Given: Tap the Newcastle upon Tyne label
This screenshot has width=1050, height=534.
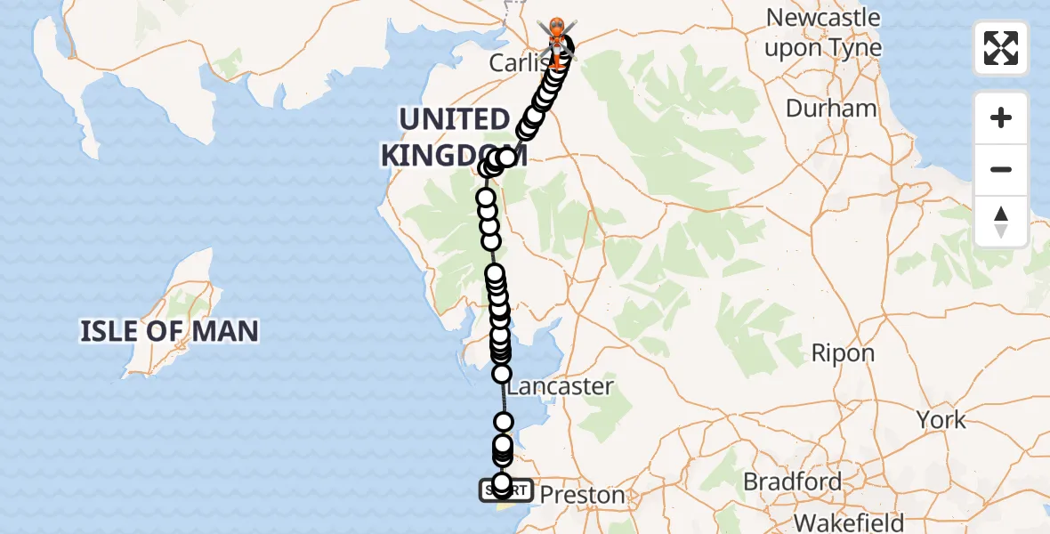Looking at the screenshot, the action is (823, 33).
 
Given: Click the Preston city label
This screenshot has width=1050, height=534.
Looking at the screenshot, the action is (583, 495).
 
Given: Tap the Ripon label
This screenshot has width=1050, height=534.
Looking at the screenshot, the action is (843, 353).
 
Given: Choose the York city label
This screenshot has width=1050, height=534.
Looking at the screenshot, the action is (941, 419).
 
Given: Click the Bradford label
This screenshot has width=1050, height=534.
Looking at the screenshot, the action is (792, 482).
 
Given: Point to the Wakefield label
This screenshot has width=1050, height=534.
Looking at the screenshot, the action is (849, 522).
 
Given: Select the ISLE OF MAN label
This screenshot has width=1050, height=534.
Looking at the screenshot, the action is (169, 332).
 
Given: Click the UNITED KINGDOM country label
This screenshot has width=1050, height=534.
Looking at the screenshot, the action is (453, 136).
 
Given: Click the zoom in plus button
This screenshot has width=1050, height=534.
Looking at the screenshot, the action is (1001, 117).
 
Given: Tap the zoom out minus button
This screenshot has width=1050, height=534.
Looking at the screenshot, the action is (1001, 169).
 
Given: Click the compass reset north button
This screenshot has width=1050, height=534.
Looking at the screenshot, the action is (1001, 221).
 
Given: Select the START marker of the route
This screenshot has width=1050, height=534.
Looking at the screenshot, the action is (505, 490).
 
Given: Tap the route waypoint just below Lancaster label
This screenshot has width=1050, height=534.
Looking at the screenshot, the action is (504, 422).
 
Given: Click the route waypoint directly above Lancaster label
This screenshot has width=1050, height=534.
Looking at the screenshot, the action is (502, 373).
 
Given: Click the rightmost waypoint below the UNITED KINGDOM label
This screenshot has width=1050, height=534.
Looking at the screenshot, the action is (506, 158).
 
